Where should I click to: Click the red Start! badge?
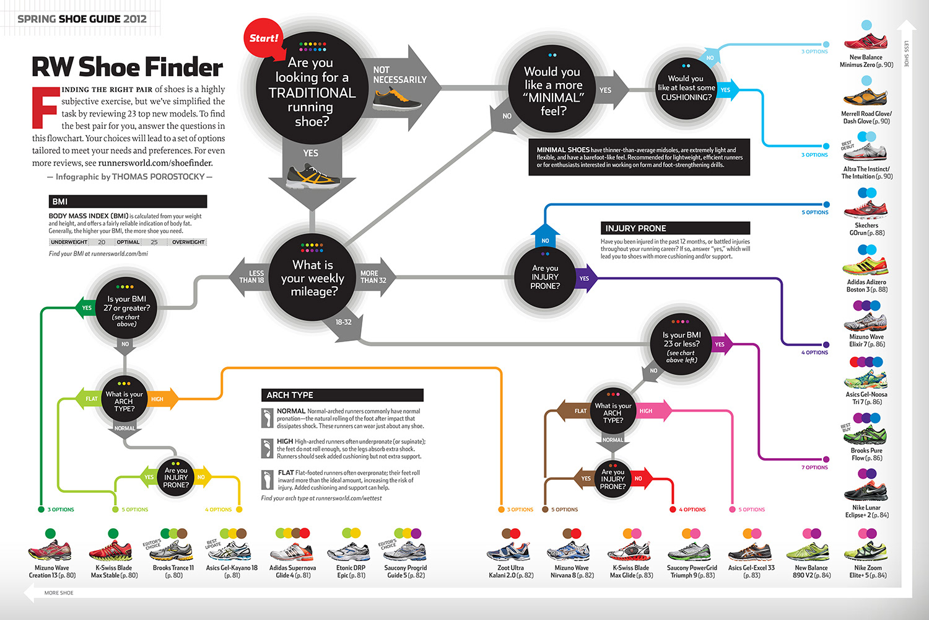pos(263,38)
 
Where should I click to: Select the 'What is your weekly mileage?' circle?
pos(313,278)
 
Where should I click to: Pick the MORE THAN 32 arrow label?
pos(373,277)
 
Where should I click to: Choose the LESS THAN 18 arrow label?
pos(251,277)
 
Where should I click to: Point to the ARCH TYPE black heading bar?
pos(342,395)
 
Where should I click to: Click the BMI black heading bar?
pos(128,201)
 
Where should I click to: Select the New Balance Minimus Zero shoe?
pos(865,42)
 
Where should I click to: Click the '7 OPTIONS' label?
pos(814,467)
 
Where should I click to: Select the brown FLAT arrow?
pos(577,410)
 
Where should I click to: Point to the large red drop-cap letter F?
pos(45,108)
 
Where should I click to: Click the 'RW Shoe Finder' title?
pos(128,67)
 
